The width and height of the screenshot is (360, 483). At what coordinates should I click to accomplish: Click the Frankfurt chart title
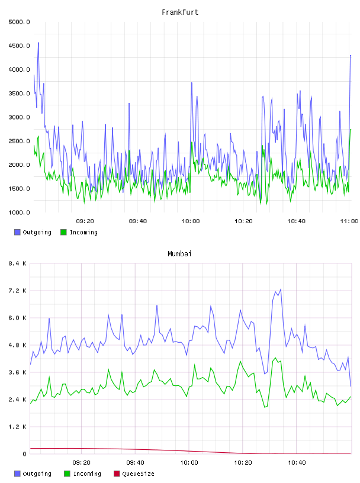pos(180,12)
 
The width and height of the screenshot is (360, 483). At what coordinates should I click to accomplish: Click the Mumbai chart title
pos(179,254)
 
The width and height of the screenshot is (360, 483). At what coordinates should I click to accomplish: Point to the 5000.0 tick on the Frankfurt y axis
pos(19,22)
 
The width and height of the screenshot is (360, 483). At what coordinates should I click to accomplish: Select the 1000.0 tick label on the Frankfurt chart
pos(19,212)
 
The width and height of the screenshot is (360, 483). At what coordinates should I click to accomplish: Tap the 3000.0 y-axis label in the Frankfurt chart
pos(19,117)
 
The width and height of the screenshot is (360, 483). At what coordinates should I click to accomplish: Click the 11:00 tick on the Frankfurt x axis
pos(349,221)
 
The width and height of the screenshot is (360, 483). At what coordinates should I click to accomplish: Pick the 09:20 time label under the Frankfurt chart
pos(85,221)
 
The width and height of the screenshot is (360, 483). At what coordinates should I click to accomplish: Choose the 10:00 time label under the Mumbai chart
pos(189,463)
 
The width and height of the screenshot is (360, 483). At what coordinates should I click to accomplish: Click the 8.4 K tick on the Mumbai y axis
pos(17,263)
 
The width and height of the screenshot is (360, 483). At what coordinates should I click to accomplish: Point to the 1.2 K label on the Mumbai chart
pos(17,427)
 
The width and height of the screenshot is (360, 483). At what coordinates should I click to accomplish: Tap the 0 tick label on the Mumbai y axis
pos(25,454)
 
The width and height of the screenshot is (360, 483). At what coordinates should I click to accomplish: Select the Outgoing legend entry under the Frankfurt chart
pos(33,232)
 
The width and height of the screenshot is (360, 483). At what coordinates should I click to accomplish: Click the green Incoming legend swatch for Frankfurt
pos(63,232)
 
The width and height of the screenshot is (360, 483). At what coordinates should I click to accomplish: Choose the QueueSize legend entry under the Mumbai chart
pos(134,474)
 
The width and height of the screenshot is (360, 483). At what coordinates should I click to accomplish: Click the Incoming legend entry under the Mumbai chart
pos(82,474)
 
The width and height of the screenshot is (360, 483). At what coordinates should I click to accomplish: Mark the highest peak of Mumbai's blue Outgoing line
pos(281,289)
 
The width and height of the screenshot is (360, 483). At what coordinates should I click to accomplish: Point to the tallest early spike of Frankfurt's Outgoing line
pos(38,43)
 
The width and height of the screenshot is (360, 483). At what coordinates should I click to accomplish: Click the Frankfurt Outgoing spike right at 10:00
pos(192,83)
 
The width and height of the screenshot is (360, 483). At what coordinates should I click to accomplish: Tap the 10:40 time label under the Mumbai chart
pos(297,463)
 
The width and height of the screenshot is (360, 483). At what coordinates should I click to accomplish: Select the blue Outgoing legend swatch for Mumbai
pos(17,474)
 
